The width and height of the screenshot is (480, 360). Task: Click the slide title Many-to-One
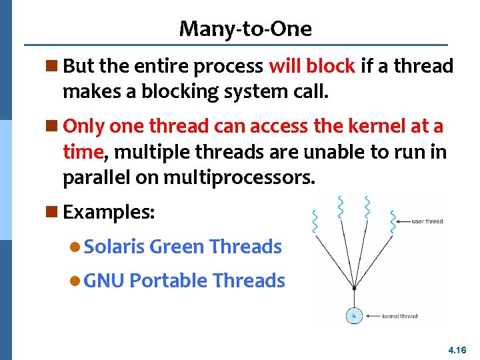click(245, 29)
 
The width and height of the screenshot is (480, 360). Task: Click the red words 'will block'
click(311, 66)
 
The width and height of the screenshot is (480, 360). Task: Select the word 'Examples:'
click(109, 213)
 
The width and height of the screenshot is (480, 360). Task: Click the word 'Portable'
click(167, 281)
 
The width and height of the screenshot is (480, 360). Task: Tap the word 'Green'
click(177, 247)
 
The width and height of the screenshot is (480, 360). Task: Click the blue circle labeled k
click(353, 315)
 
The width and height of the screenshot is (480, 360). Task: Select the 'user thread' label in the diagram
click(427, 221)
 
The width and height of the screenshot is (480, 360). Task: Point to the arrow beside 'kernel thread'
click(372, 316)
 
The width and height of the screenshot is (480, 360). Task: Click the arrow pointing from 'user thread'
click(399, 221)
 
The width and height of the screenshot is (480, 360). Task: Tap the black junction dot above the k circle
click(353, 288)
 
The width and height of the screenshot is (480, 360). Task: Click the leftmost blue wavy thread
click(315, 223)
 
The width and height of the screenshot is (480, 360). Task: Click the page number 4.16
click(457, 349)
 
